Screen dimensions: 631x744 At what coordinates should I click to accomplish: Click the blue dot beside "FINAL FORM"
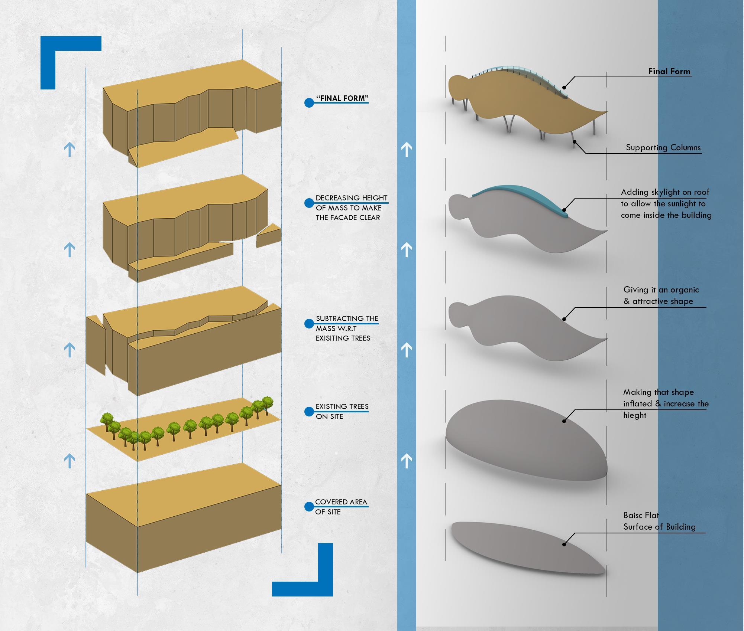[309, 103]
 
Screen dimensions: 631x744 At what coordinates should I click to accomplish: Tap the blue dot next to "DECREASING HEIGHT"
[309, 203]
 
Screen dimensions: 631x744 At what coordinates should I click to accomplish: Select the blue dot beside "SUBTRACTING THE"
[309, 324]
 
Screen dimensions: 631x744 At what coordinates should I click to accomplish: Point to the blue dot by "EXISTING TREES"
[309, 412]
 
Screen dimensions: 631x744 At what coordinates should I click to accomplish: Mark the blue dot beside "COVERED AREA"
[309, 507]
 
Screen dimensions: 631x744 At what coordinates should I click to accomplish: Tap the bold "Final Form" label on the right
[669, 71]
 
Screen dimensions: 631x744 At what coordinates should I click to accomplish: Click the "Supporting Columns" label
[663, 147]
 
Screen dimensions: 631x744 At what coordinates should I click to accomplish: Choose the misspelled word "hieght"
[635, 415]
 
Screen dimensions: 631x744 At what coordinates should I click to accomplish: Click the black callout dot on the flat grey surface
[564, 545]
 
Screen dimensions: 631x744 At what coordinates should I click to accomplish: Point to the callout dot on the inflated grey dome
[564, 421]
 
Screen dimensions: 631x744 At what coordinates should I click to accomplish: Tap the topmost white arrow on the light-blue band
[407, 149]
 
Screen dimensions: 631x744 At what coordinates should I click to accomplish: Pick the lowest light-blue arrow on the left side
[69, 461]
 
